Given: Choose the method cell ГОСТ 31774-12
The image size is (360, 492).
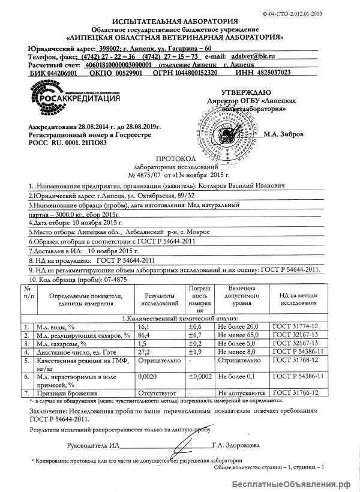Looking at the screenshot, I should point(295,326).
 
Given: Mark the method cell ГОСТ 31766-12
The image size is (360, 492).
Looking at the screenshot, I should point(295,392).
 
